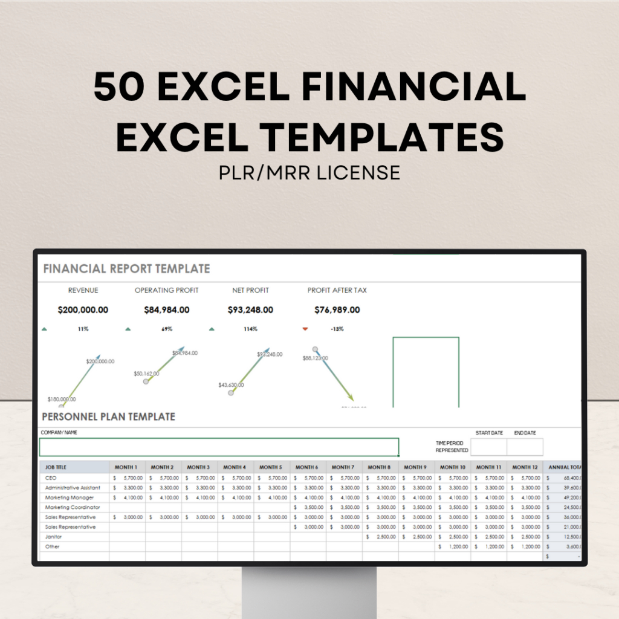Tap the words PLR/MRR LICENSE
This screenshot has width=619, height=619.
(x=309, y=172)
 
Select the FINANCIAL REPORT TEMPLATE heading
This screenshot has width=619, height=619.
(x=126, y=269)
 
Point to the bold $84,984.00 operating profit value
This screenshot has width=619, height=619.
(x=166, y=310)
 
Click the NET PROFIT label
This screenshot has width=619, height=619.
(x=250, y=290)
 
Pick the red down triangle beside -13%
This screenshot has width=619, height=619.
(x=305, y=329)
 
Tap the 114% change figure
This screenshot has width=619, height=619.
(x=250, y=329)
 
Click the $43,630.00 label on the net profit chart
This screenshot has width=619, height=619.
(x=231, y=385)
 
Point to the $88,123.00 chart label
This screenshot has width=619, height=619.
(x=316, y=358)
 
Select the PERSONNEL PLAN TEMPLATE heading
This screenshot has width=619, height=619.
(x=108, y=416)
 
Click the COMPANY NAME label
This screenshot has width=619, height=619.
(x=59, y=433)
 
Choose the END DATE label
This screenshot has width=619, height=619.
(x=525, y=433)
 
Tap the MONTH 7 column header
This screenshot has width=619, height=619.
(x=343, y=467)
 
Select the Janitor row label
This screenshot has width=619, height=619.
(x=54, y=537)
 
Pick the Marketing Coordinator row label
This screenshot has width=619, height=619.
(x=73, y=507)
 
